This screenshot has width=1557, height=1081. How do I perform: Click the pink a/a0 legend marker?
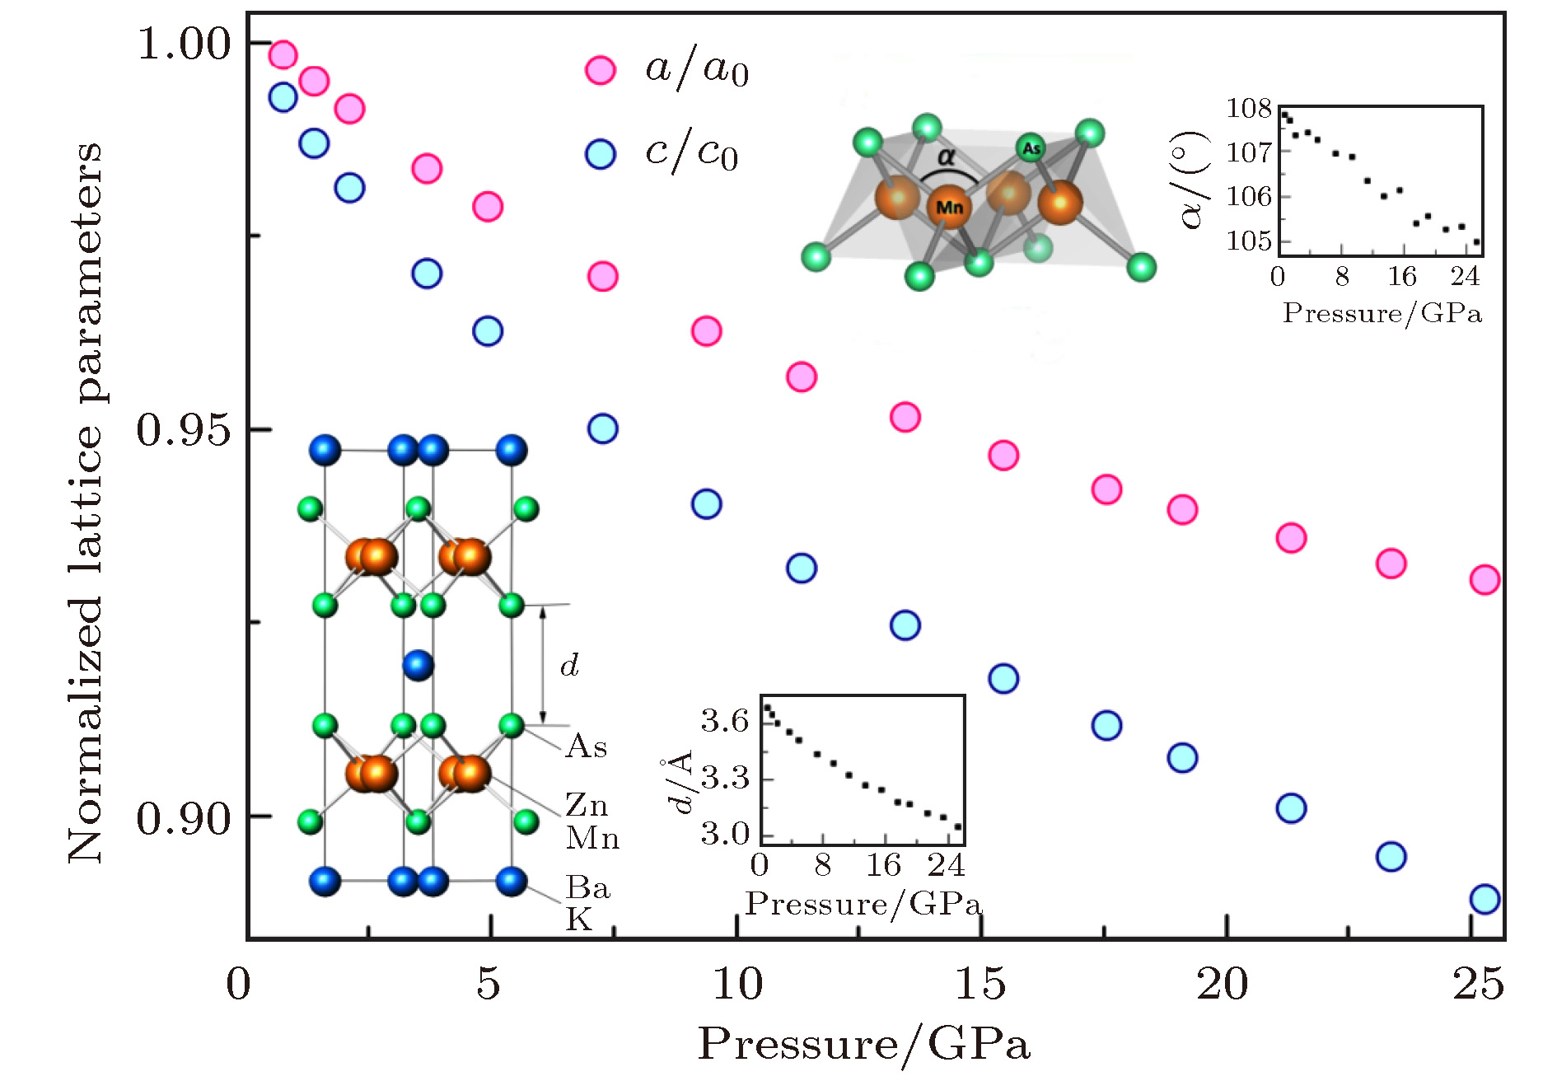pyautogui.click(x=601, y=71)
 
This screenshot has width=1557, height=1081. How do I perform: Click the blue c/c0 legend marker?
pyautogui.click(x=601, y=154)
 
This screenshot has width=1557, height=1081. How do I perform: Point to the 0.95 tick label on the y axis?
pyautogui.click(x=184, y=430)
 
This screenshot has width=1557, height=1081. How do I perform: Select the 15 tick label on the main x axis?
pyautogui.click(x=980, y=984)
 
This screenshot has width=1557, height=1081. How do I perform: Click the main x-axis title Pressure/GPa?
pyautogui.click(x=863, y=1045)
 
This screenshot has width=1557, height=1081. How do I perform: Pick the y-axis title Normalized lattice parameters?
pyautogui.click(x=86, y=503)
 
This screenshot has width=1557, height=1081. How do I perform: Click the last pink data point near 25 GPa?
pyautogui.click(x=1485, y=580)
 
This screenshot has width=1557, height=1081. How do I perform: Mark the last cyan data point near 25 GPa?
pyautogui.click(x=1485, y=899)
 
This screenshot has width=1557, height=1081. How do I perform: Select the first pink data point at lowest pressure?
pyautogui.click(x=283, y=55)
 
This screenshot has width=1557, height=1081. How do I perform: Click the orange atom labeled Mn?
pyautogui.click(x=949, y=207)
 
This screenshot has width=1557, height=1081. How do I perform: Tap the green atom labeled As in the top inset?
pyautogui.click(x=1031, y=148)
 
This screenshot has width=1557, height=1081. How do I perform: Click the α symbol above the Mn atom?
pyautogui.click(x=947, y=157)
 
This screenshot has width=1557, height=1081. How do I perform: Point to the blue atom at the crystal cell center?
pyautogui.click(x=418, y=665)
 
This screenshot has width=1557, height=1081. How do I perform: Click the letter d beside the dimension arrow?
pyautogui.click(x=569, y=665)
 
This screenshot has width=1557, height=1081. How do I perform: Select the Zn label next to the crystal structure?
pyautogui.click(x=587, y=804)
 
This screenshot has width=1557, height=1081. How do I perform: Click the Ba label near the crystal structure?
pyautogui.click(x=587, y=887)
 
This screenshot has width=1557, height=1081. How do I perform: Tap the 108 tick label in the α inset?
pyautogui.click(x=1249, y=108)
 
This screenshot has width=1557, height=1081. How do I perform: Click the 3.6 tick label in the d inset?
pyautogui.click(x=725, y=722)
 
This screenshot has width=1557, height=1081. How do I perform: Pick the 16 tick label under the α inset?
pyautogui.click(x=1402, y=277)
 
